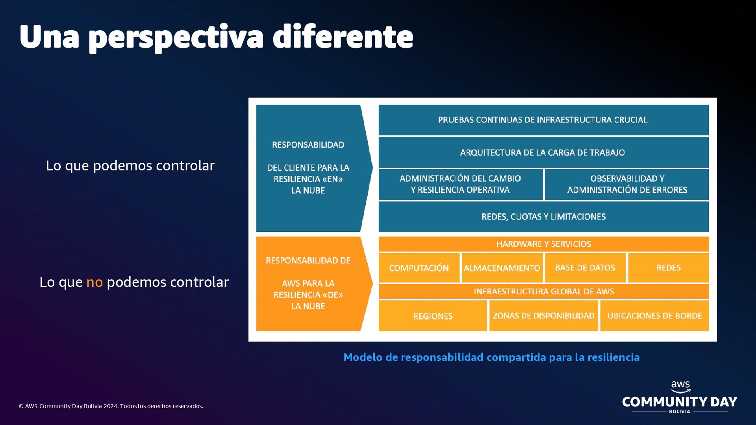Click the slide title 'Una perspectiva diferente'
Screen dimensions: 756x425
click(216, 37)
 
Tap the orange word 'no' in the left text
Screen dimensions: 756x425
click(94, 282)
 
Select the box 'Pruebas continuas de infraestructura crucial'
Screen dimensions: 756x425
click(543, 120)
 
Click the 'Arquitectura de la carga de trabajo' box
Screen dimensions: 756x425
click(543, 153)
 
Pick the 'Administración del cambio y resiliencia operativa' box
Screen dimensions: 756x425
click(460, 184)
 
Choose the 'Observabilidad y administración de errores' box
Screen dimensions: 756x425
click(627, 184)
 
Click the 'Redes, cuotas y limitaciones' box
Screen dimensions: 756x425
click(543, 216)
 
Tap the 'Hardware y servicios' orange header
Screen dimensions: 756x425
click(543, 244)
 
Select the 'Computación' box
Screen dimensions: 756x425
click(419, 268)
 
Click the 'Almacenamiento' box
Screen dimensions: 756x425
click(502, 268)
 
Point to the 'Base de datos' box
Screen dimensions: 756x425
click(585, 268)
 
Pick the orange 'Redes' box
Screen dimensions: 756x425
click(668, 268)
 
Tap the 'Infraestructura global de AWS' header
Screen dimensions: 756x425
click(543, 292)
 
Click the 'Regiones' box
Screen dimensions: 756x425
click(433, 316)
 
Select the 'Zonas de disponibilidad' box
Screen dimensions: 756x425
click(543, 316)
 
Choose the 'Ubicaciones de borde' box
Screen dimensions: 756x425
click(654, 316)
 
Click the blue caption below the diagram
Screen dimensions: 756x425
click(491, 357)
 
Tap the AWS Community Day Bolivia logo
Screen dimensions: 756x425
click(680, 398)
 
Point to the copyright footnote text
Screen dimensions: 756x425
click(111, 406)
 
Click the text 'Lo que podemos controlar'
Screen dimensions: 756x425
click(130, 166)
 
